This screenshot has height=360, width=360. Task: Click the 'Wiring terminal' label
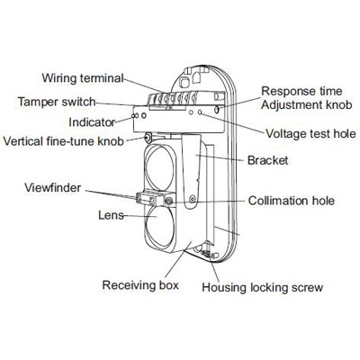83,78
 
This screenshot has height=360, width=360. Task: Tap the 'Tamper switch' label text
57,102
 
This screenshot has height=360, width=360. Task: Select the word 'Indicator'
92,122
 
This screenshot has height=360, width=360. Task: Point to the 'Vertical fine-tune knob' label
64,140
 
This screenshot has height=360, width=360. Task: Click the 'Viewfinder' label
53,188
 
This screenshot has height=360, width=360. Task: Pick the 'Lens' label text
111,215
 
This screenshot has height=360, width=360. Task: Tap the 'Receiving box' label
140,285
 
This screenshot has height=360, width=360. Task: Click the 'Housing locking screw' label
263,287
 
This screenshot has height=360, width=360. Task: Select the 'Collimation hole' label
292,201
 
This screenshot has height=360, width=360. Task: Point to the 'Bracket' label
267,160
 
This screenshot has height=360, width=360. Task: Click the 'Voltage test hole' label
310,134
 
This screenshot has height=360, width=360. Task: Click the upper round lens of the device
159,166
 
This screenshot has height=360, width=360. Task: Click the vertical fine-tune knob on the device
148,138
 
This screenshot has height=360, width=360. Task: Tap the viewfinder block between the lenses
150,199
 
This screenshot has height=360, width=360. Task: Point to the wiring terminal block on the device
173,99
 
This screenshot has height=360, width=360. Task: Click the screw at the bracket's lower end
193,198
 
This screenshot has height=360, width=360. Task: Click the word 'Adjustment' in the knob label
290,105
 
